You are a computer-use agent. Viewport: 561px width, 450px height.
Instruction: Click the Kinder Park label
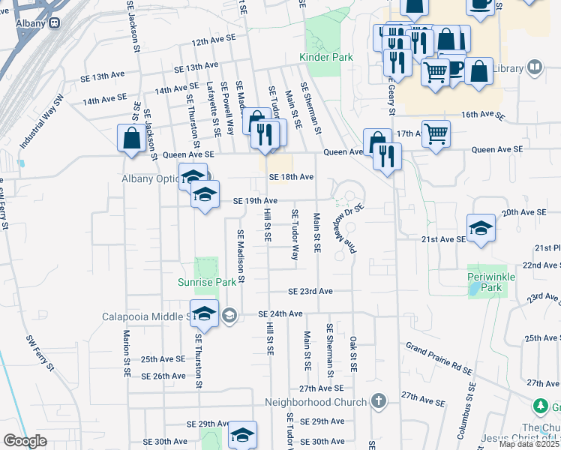point(320,58)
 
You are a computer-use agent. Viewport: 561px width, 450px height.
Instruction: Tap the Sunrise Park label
point(212,283)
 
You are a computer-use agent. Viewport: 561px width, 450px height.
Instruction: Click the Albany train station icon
point(54,23)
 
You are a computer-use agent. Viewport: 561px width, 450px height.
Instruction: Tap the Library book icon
point(535,68)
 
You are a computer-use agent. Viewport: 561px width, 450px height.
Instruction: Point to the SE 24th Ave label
point(280,313)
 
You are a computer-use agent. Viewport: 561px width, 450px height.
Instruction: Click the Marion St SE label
point(127,353)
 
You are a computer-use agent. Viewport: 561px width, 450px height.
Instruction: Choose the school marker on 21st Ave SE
point(481,229)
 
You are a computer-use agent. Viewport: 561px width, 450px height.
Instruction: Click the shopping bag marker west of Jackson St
point(132,139)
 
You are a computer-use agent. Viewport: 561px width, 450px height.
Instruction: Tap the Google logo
point(25,441)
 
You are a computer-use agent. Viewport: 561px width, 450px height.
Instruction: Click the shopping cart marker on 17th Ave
point(436,134)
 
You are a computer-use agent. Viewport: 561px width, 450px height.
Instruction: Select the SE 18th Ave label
point(291,177)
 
